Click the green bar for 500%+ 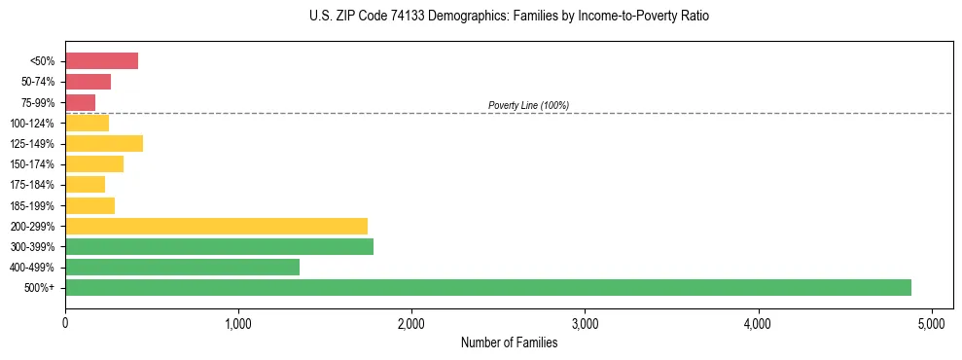[x=487, y=287]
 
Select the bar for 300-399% [x=219, y=246]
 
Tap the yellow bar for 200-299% [x=216, y=226]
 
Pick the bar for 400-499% [x=182, y=267]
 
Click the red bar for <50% [x=101, y=61]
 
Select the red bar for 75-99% [x=80, y=102]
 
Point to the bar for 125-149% [x=104, y=144]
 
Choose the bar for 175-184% [x=85, y=185]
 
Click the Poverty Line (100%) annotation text [x=528, y=105]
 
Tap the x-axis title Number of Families [x=509, y=342]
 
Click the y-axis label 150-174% [x=34, y=164]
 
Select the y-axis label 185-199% [x=34, y=205]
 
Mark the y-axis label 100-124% [x=34, y=124]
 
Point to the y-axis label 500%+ [x=40, y=288]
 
